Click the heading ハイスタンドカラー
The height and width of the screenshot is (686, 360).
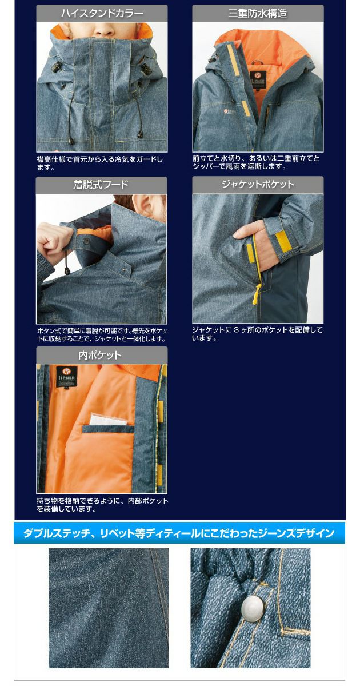click(102, 13)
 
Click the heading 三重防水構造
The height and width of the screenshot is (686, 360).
click(257, 13)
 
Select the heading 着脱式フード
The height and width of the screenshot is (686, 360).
click(102, 185)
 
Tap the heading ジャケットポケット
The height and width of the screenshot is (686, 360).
click(257, 185)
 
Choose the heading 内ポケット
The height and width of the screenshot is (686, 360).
click(102, 355)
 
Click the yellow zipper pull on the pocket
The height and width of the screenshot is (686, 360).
click(255, 298)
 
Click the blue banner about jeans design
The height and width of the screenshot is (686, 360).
click(179, 533)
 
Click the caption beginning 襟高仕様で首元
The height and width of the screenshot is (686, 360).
click(100, 163)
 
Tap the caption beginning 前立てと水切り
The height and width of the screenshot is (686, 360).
click(256, 162)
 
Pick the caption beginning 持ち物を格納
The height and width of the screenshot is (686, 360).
click(102, 505)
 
